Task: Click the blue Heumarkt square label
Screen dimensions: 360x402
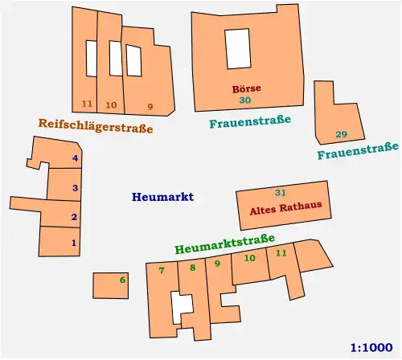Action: pos(162,197)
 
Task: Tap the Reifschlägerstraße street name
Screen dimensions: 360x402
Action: pos(95,125)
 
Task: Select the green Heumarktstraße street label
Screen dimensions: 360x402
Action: pos(224,243)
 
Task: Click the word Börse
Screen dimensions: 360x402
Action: pos(246,88)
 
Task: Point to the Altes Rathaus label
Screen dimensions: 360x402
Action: pos(280,207)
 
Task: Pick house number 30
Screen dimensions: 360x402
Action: pos(245,100)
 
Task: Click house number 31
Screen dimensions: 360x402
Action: pos(280,193)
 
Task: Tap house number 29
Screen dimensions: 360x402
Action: pos(341,134)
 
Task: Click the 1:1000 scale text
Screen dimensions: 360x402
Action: pos(372,348)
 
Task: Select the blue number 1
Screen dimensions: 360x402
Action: pos(74,242)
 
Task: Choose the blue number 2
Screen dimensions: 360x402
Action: pos(74,217)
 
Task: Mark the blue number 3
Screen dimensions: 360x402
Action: pos(75,188)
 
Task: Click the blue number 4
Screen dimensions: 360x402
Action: pos(76,159)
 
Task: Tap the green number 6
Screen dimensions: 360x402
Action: pos(122,280)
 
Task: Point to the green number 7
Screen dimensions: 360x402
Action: pos(162,271)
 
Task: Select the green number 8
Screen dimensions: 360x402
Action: pos(191,268)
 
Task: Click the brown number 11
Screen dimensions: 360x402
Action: pos(87,105)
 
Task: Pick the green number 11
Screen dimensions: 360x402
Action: pos(281,254)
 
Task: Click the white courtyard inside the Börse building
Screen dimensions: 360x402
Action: pos(237,48)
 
